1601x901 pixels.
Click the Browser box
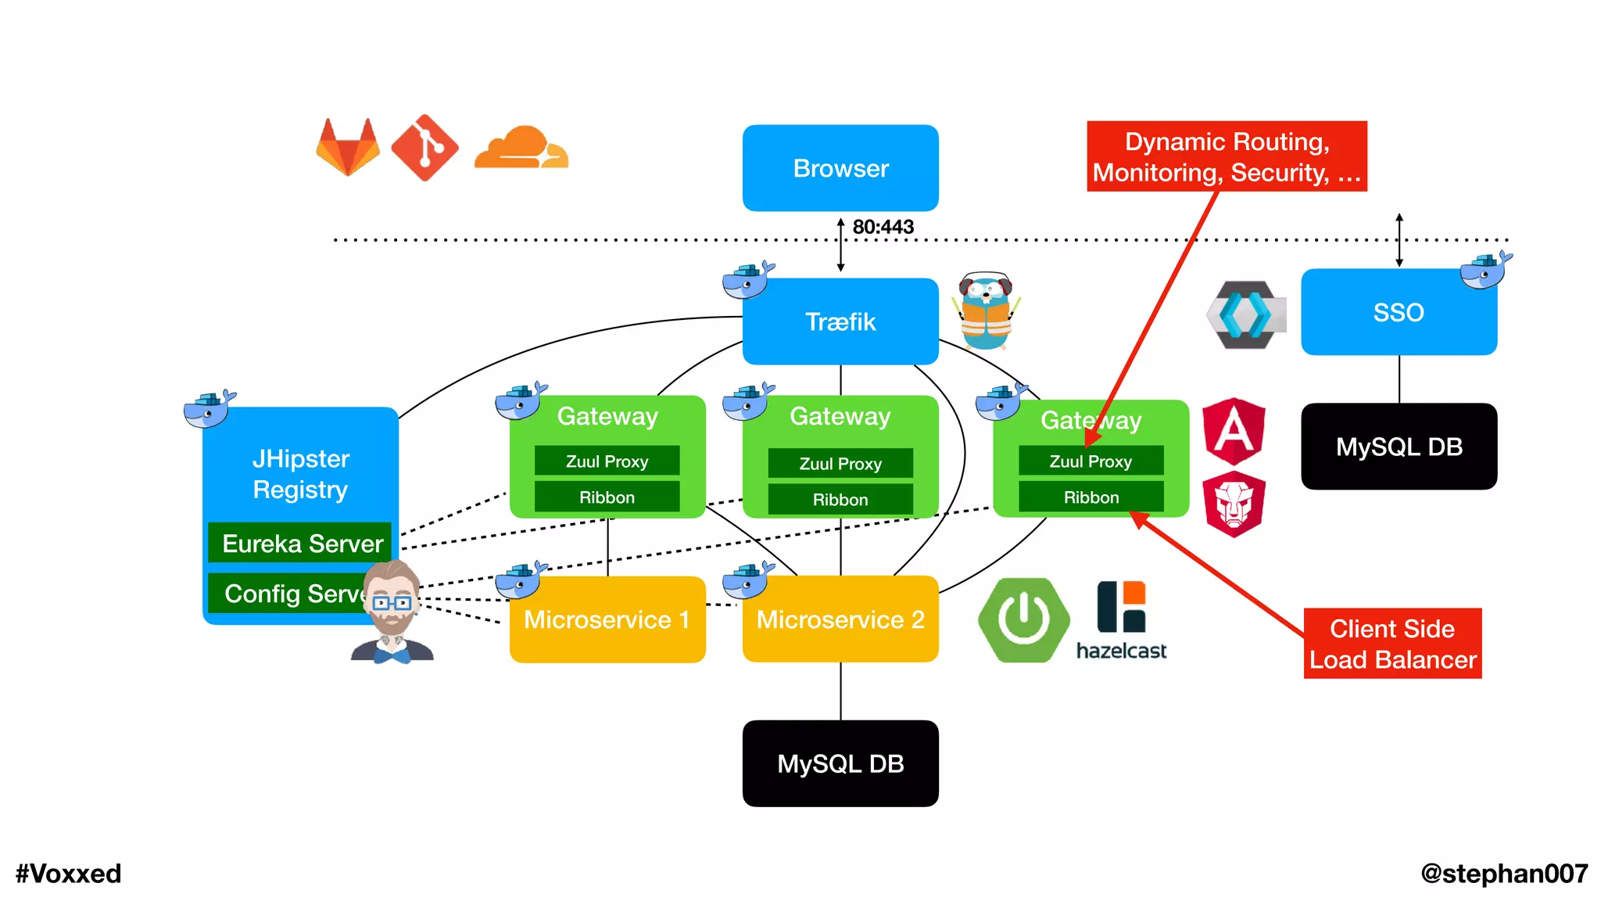pyautogui.click(x=840, y=168)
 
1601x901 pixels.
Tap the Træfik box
pyautogui.click(x=840, y=321)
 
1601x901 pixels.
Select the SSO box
pyautogui.click(x=1399, y=313)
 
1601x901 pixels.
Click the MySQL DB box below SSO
pyautogui.click(x=1399, y=447)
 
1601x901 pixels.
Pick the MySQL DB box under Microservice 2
pyautogui.click(x=840, y=763)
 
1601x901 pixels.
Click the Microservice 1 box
pyautogui.click(x=607, y=620)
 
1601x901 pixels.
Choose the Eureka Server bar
pyautogui.click(x=301, y=543)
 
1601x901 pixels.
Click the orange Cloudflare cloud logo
pyautogui.click(x=521, y=148)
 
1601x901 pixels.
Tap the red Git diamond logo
pyautogui.click(x=424, y=148)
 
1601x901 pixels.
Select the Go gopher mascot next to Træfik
pyautogui.click(x=986, y=311)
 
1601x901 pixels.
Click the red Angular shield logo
pyautogui.click(x=1234, y=431)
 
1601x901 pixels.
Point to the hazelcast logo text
pyautogui.click(x=1121, y=651)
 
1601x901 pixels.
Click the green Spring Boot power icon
pyautogui.click(x=1023, y=620)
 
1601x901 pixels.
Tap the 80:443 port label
pyautogui.click(x=883, y=227)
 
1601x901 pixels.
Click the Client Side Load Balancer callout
pyautogui.click(x=1392, y=644)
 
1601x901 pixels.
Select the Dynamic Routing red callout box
pyautogui.click(x=1227, y=156)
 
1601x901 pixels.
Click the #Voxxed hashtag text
pyautogui.click(x=69, y=874)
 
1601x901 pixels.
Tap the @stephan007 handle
pyautogui.click(x=1503, y=874)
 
